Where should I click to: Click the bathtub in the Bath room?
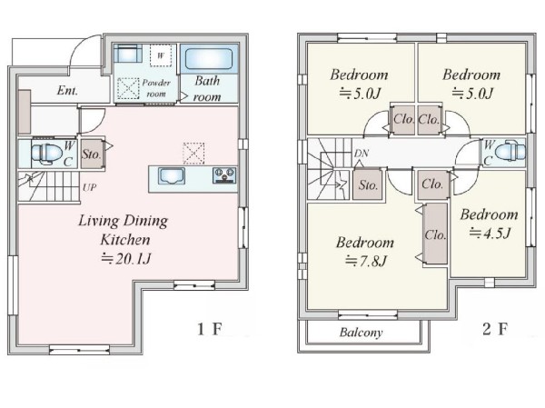[209, 59]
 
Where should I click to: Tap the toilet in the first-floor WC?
[46, 153]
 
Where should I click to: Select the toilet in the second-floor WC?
[510, 152]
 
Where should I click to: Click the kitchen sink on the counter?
[172, 175]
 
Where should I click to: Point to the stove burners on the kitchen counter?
[224, 175]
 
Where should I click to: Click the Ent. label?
[67, 91]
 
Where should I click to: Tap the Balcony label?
[361, 333]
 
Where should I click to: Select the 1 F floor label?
[209, 329]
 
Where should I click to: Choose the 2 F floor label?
[495, 329]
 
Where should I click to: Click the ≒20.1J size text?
[126, 259]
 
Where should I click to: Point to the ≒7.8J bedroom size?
[366, 261]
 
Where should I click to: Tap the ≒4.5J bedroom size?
[490, 233]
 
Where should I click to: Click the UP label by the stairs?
[89, 187]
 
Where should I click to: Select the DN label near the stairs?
[362, 153]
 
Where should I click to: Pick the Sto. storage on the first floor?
[92, 154]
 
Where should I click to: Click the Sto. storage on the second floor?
[368, 184]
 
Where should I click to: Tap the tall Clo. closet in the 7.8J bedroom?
[435, 234]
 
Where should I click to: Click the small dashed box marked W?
[161, 55]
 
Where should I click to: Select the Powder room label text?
[156, 88]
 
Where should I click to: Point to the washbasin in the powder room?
[127, 54]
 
